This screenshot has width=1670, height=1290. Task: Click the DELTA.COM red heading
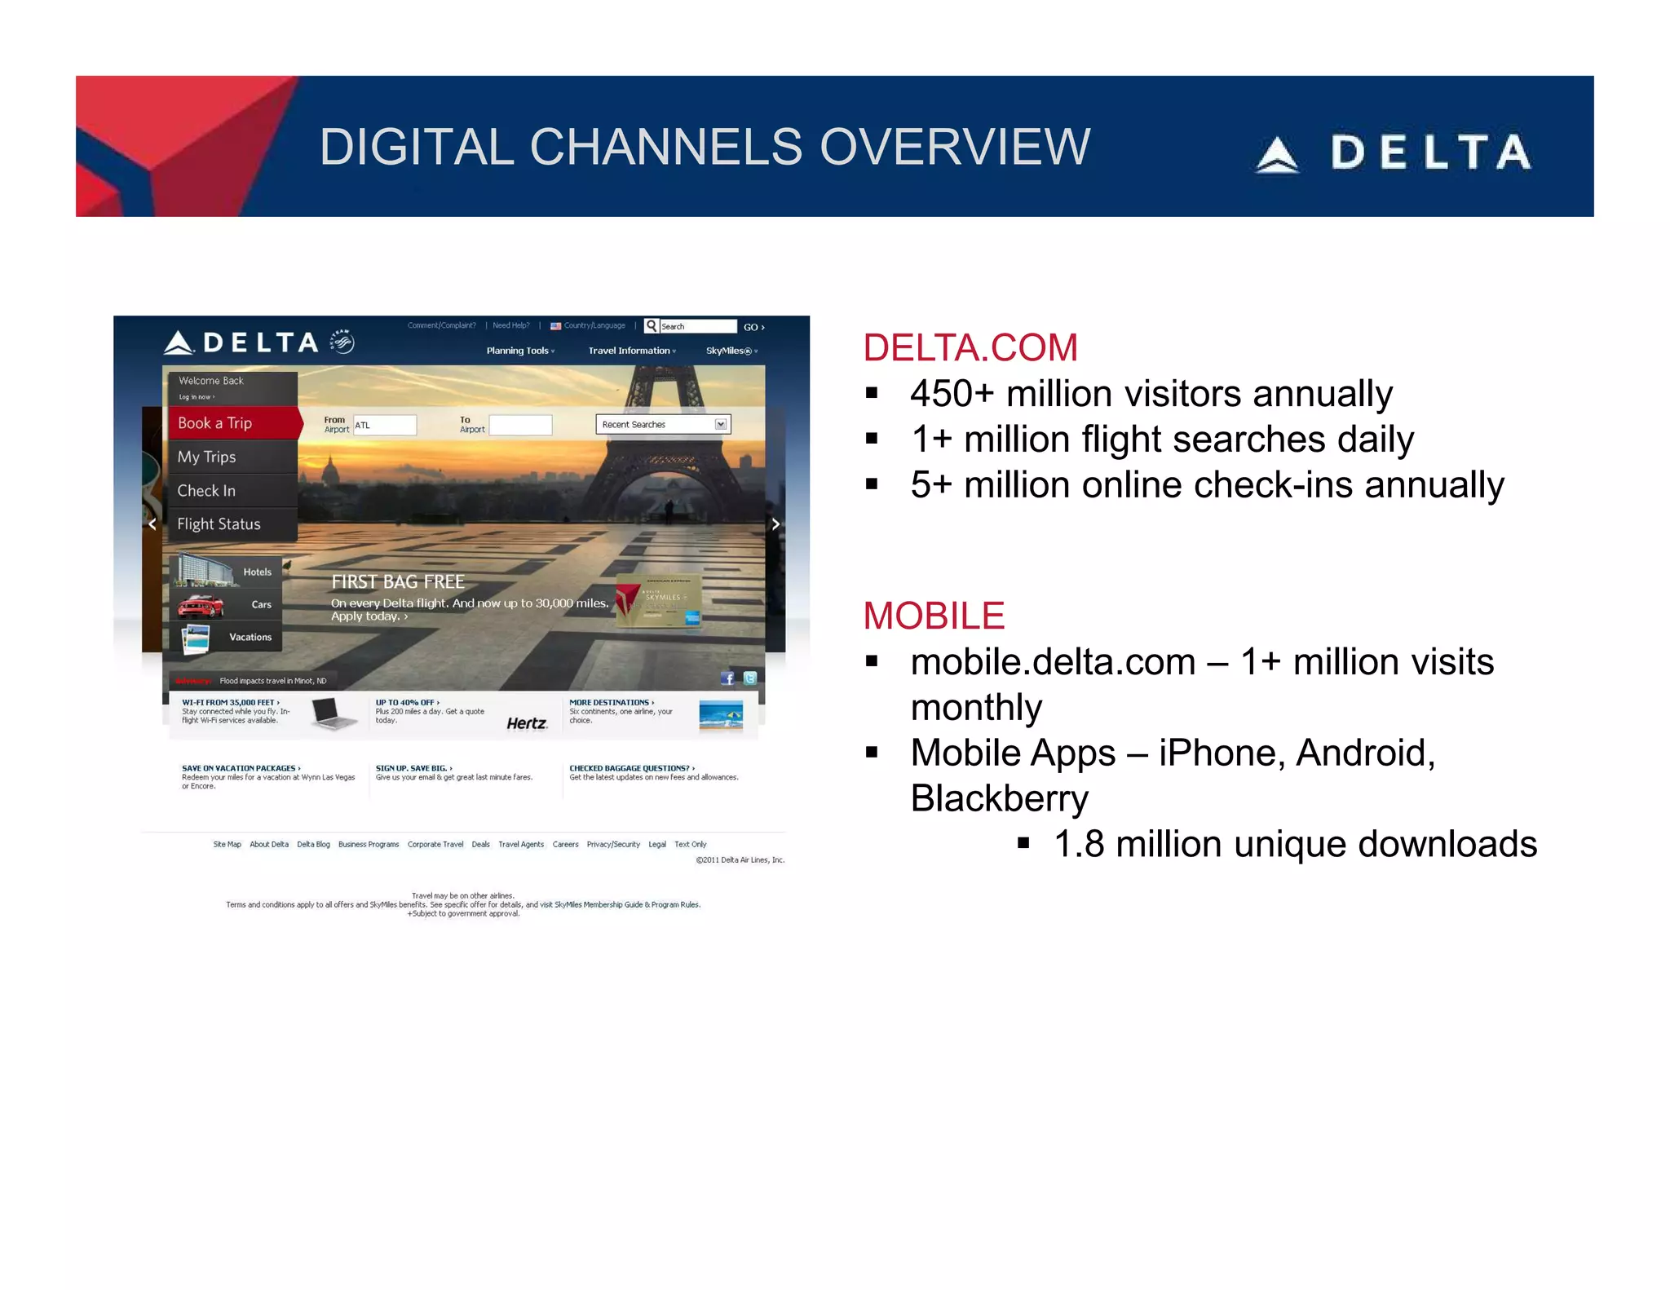click(x=970, y=348)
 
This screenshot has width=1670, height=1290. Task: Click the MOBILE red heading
click(x=934, y=616)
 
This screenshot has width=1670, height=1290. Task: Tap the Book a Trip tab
click(x=216, y=423)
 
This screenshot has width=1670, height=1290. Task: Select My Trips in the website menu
click(x=207, y=457)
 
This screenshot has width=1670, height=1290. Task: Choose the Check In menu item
click(x=207, y=491)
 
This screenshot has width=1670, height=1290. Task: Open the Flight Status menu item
click(x=219, y=524)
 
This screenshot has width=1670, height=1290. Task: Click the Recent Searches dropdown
click(x=663, y=425)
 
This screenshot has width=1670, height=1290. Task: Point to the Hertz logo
click(x=527, y=723)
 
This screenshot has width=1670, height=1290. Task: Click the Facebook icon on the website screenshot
click(x=727, y=678)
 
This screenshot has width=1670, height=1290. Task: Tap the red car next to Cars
click(x=201, y=606)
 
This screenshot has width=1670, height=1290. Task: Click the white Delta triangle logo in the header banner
click(x=1277, y=154)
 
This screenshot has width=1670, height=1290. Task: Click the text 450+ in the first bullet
click(x=952, y=395)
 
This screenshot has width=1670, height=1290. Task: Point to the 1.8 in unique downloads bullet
click(x=1079, y=845)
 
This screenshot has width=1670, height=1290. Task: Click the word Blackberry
click(x=999, y=799)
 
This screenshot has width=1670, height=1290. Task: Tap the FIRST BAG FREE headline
click(x=398, y=582)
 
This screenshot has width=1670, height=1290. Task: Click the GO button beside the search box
click(x=753, y=327)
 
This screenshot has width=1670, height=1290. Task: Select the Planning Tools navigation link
click(x=519, y=351)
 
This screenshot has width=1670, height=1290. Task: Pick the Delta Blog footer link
click(x=313, y=845)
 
